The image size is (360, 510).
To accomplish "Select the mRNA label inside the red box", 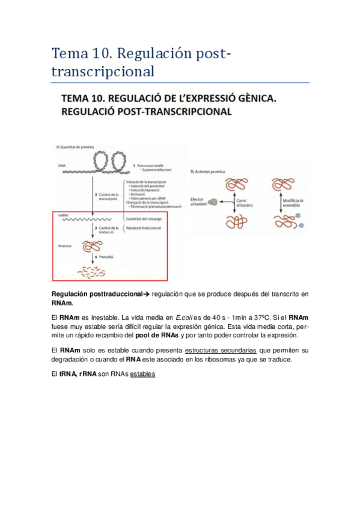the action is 63,214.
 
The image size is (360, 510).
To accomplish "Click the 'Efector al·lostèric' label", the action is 200,202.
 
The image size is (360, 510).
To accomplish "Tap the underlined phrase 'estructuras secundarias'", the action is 221,349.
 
